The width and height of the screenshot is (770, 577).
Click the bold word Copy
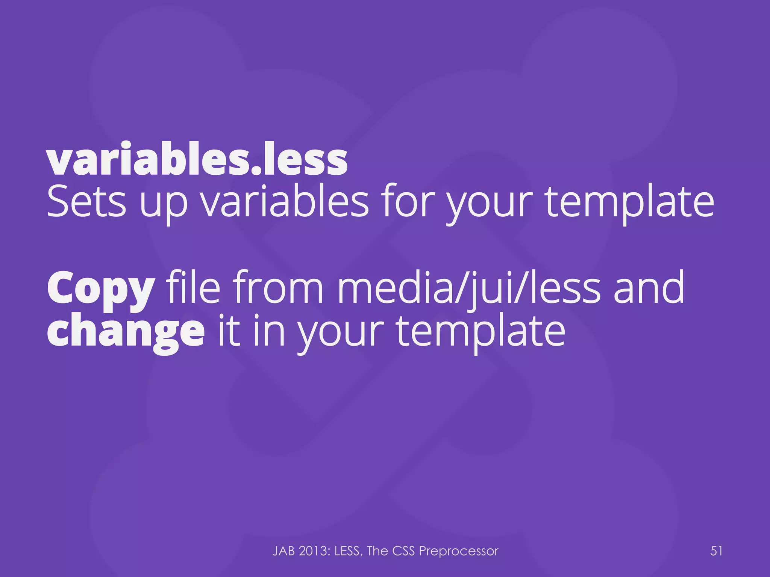pos(101,289)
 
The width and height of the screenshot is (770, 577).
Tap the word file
pos(193,287)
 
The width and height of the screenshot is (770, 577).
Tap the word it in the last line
pos(229,331)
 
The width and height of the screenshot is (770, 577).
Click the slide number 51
pos(716,551)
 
